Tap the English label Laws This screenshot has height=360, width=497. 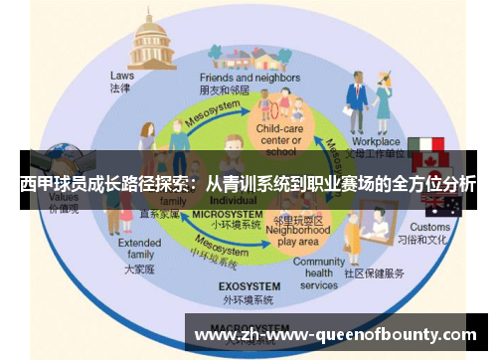pos(122,75)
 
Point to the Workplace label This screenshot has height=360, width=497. pos(378,142)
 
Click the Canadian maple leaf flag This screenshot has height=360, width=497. pos(431,162)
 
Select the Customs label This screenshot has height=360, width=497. pos(429,227)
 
